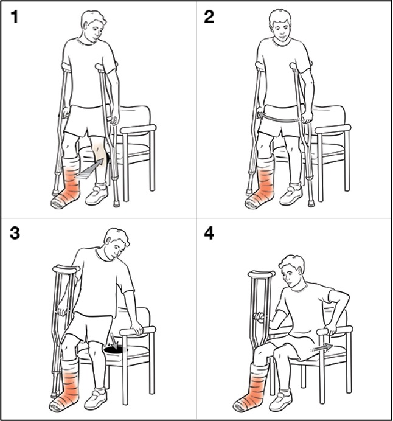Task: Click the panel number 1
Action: point(15,17)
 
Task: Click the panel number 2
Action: point(209,17)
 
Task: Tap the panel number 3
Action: point(15,233)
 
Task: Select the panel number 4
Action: point(209,234)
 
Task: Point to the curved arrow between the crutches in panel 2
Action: point(279,117)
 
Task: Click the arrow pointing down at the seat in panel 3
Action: point(114,341)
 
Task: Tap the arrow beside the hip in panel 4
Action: point(321,348)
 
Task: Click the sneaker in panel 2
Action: point(291,194)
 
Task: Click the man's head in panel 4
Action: point(291,271)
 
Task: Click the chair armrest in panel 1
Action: point(138,129)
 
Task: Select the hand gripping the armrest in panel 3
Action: point(137,329)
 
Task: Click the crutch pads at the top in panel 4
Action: point(262,274)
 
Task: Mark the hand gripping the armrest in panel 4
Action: point(332,328)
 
